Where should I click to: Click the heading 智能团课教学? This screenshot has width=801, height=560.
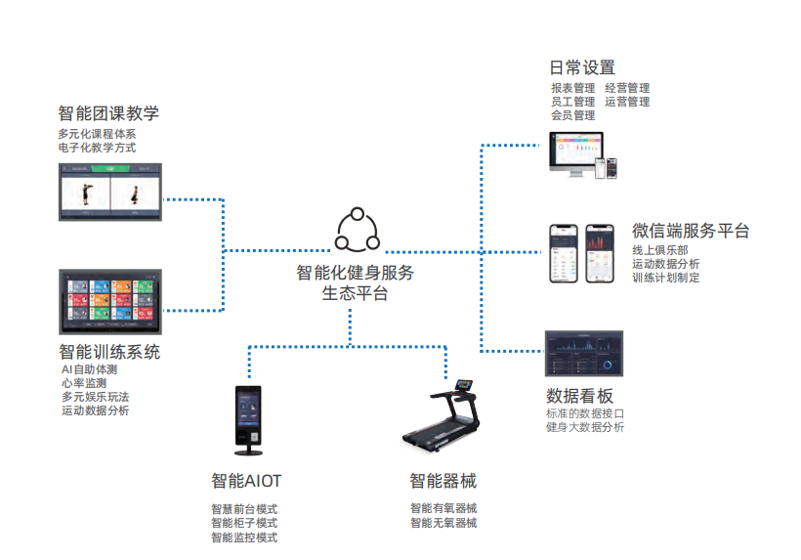(108, 112)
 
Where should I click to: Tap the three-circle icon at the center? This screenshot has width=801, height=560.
(357, 231)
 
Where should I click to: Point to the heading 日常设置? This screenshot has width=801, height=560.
(582, 67)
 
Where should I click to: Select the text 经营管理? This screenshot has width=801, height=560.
(627, 88)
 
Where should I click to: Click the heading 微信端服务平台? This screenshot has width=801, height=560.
(691, 232)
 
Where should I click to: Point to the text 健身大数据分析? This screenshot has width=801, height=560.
(585, 427)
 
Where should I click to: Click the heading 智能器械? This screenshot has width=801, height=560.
(443, 481)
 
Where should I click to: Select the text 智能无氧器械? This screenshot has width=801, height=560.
(443, 523)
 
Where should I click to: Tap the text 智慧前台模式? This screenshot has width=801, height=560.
(244, 509)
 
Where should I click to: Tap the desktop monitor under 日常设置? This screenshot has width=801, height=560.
(572, 154)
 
